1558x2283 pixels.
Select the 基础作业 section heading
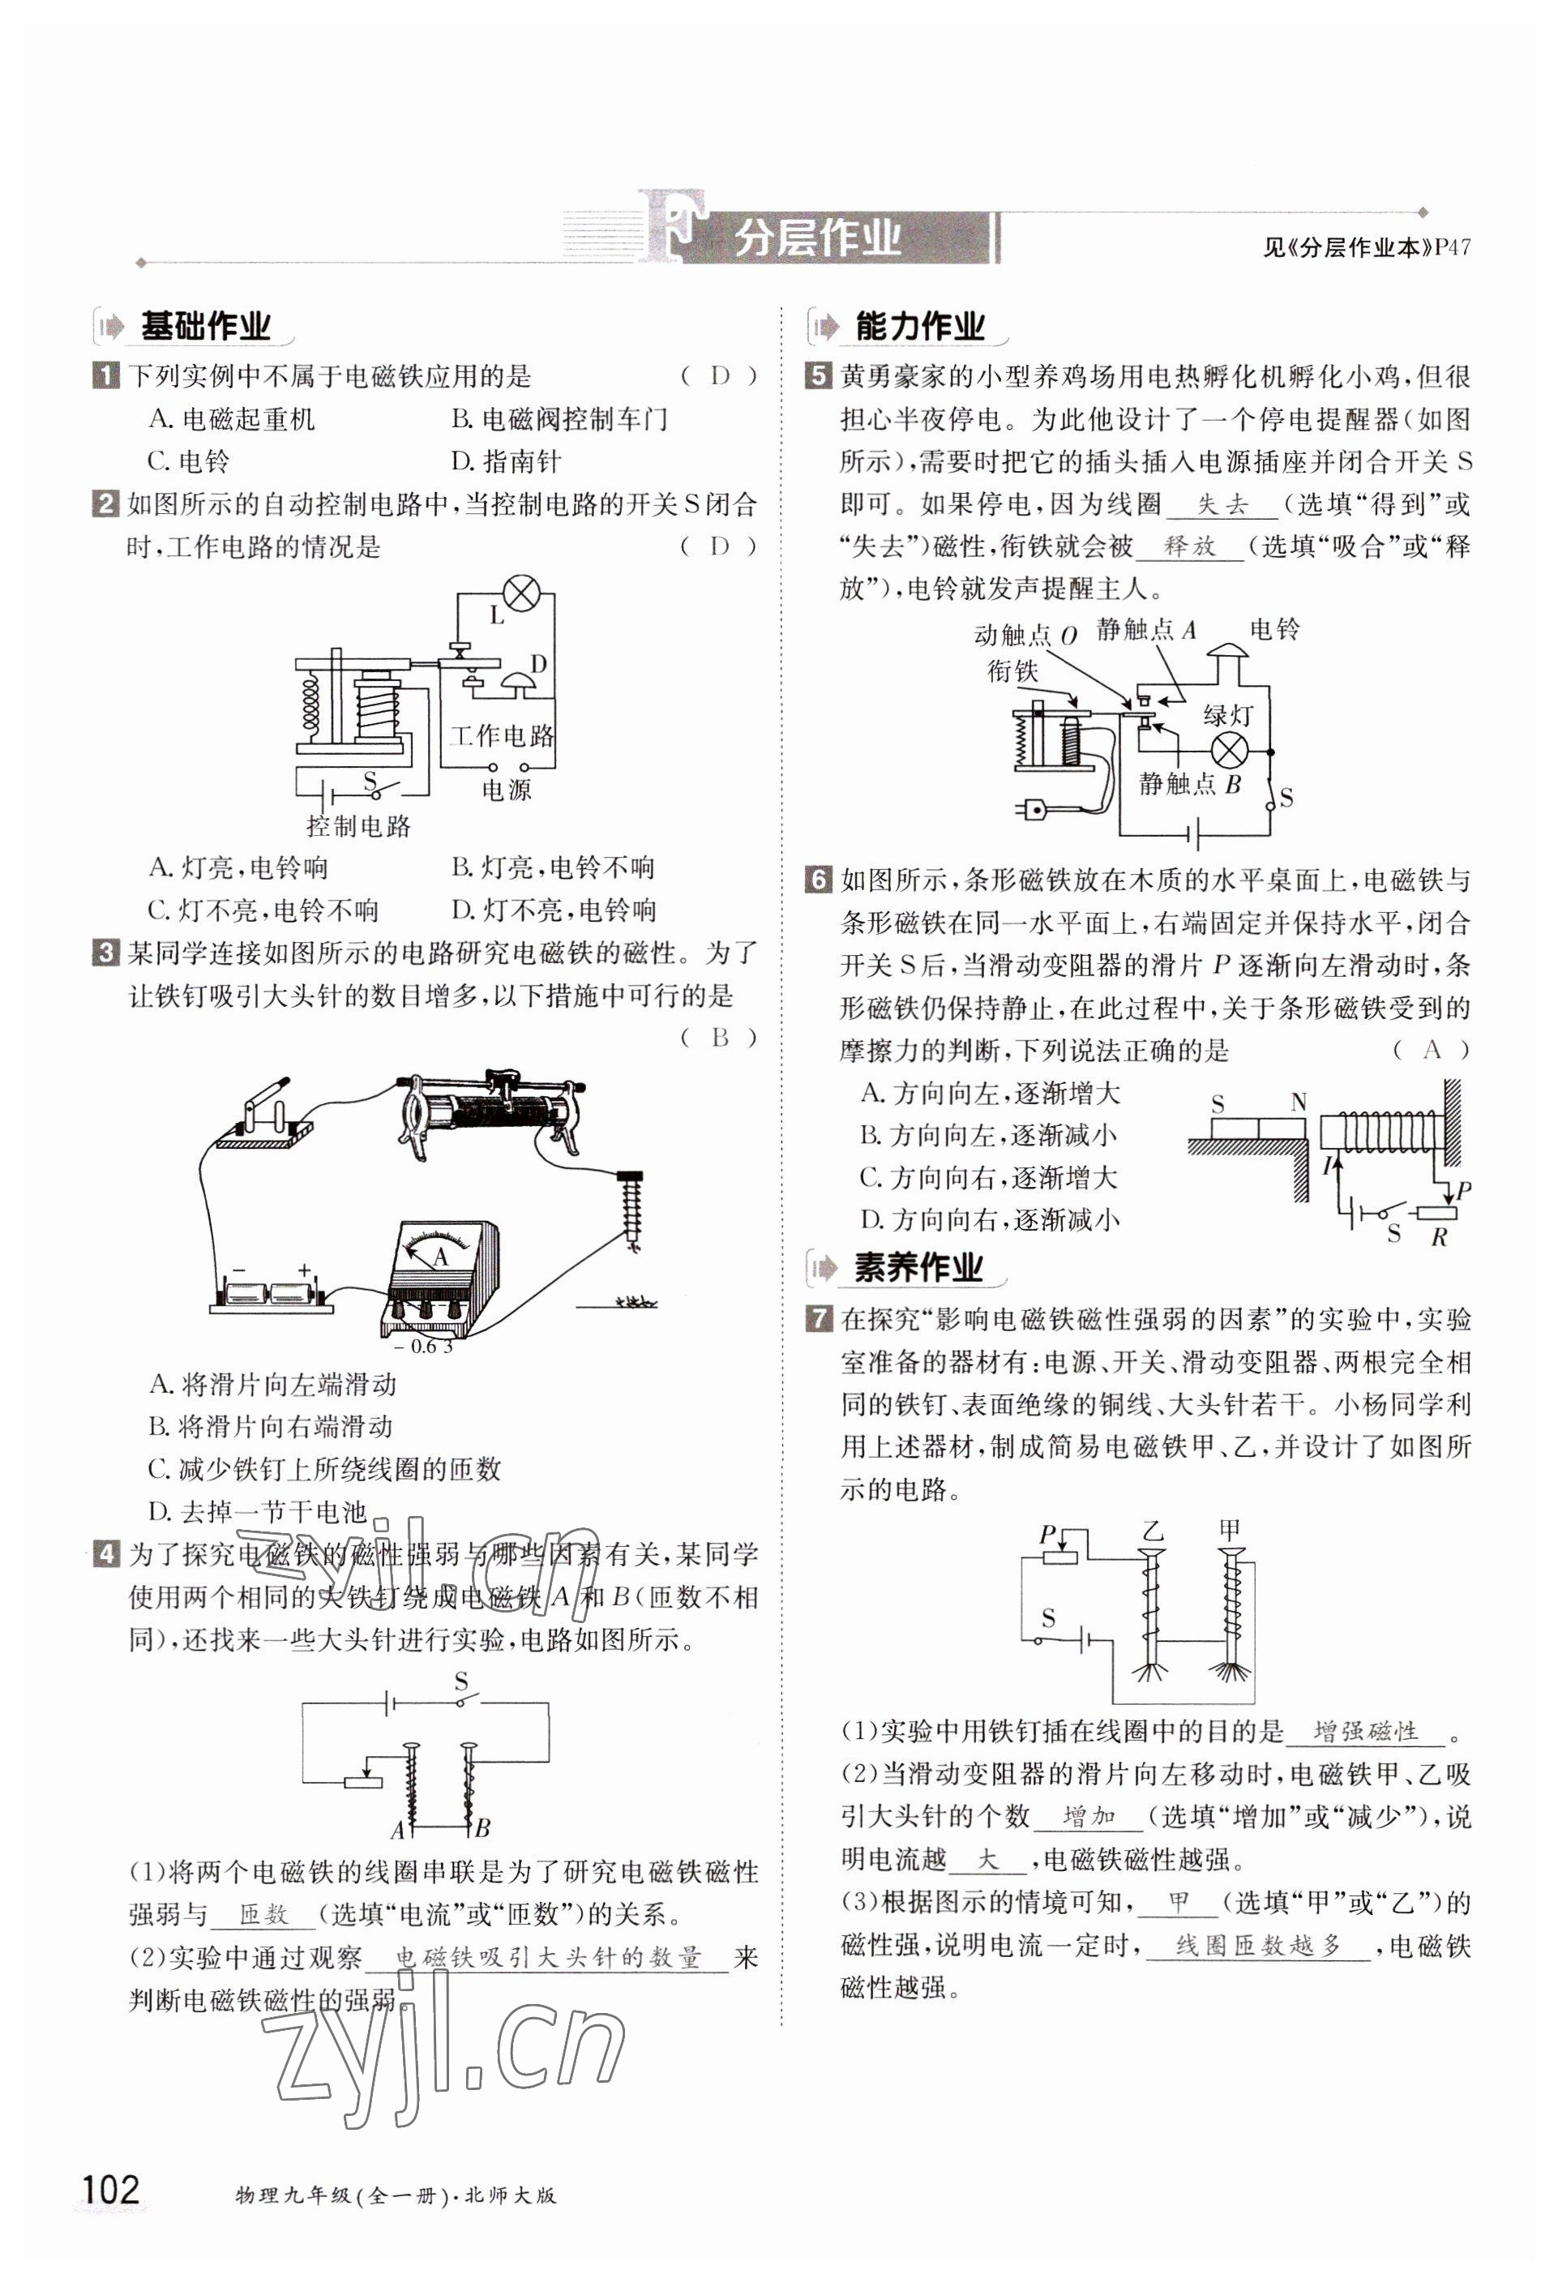[204, 326]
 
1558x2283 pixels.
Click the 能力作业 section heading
[918, 326]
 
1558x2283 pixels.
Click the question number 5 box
[817, 376]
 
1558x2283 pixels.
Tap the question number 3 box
[105, 952]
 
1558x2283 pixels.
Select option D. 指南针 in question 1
[506, 460]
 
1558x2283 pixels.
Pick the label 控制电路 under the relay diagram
[358, 825]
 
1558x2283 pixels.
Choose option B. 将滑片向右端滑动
[270, 1426]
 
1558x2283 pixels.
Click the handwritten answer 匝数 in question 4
[263, 1913]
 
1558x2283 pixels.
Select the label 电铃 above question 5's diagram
[1274, 628]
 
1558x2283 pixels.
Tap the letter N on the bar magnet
[1299, 1103]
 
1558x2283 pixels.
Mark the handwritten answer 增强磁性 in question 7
[1365, 1731]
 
